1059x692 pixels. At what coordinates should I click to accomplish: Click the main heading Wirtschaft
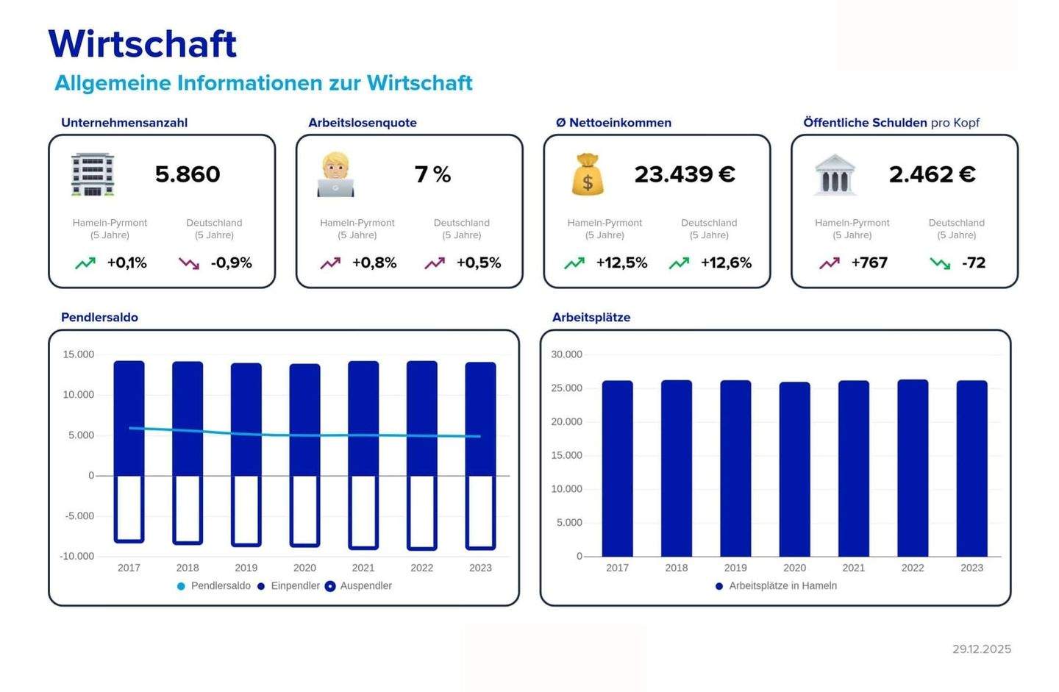click(142, 43)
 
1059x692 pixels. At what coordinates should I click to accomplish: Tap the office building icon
click(93, 174)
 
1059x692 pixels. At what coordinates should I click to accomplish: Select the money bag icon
click(588, 174)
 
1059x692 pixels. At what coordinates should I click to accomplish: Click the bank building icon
click(835, 174)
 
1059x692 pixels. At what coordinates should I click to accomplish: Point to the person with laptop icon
click(335, 174)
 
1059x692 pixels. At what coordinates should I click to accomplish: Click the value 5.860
click(188, 174)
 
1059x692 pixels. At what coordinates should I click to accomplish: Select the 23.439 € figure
click(685, 174)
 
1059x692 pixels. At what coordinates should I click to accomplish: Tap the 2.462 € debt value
click(932, 174)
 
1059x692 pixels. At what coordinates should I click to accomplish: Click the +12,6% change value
click(726, 263)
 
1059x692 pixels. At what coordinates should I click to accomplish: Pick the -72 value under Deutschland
click(973, 263)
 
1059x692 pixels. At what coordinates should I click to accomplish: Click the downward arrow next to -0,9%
click(189, 263)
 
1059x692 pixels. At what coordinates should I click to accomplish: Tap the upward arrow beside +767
click(830, 263)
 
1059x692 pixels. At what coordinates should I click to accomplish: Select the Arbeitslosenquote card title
click(363, 123)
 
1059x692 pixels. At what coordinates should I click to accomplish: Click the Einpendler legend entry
click(295, 586)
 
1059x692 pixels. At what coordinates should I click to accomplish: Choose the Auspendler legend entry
click(366, 586)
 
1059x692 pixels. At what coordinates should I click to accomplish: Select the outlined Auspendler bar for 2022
click(422, 512)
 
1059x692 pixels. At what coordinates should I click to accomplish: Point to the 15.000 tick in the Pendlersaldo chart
click(79, 354)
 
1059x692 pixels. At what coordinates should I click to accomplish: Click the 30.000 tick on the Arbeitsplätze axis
click(566, 354)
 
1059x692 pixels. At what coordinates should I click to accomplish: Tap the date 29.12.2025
click(981, 649)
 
